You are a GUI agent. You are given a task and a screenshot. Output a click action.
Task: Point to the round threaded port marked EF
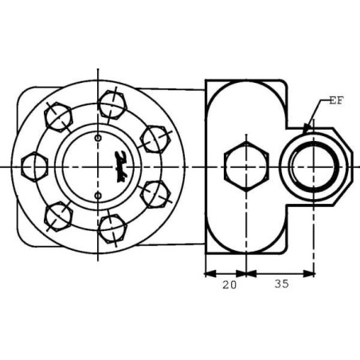click(x=315, y=166)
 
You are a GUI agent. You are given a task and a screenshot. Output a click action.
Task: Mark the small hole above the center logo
click(x=98, y=139)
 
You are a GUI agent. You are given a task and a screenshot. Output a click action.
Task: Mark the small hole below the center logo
click(x=98, y=194)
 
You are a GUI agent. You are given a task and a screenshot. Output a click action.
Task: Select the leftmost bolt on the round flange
click(x=34, y=166)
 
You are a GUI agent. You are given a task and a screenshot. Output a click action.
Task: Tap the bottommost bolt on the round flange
click(x=112, y=229)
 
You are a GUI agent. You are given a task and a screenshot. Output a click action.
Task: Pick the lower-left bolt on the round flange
click(x=57, y=213)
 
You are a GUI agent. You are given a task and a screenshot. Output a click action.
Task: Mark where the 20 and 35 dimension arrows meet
click(x=246, y=273)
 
